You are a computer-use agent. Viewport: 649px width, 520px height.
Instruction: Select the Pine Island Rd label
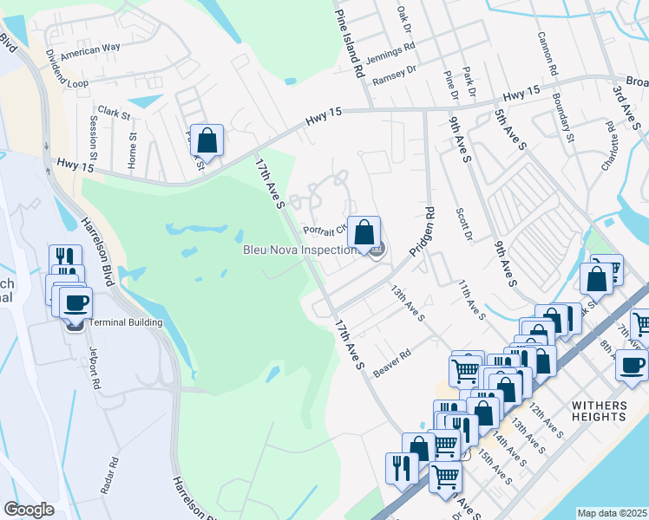pyautogui.click(x=347, y=43)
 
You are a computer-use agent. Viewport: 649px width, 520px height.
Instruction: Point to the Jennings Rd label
pyautogui.click(x=391, y=54)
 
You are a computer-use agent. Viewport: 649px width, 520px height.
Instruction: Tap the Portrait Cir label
pyautogui.click(x=324, y=230)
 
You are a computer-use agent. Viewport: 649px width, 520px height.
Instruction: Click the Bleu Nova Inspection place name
pyautogui.click(x=299, y=250)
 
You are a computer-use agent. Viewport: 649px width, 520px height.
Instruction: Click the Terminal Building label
pyautogui.click(x=124, y=322)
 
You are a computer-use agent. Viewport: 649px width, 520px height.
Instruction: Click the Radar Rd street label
pyautogui.click(x=108, y=477)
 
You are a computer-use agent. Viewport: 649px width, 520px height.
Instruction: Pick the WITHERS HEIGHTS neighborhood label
pyautogui.click(x=599, y=410)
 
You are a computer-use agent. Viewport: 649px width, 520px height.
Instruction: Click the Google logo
pyautogui.click(x=29, y=509)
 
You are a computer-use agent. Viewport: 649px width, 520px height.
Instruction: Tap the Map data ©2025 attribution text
pyautogui.click(x=612, y=513)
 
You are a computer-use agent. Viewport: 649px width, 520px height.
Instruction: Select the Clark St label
pyautogui.click(x=114, y=113)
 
